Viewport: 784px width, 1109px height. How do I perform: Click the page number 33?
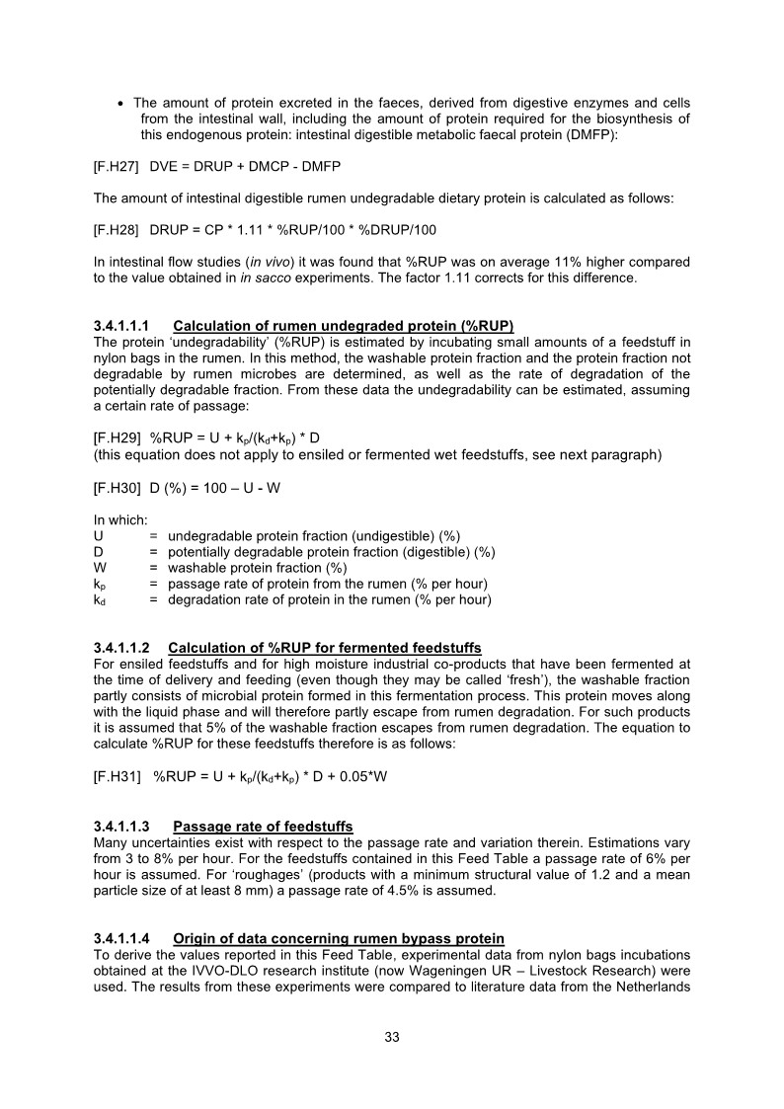coord(392,1037)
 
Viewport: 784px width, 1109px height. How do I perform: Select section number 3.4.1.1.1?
coord(126,326)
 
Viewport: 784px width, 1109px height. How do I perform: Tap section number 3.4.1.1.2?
coord(126,648)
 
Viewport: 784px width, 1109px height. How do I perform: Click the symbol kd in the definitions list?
coord(99,599)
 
